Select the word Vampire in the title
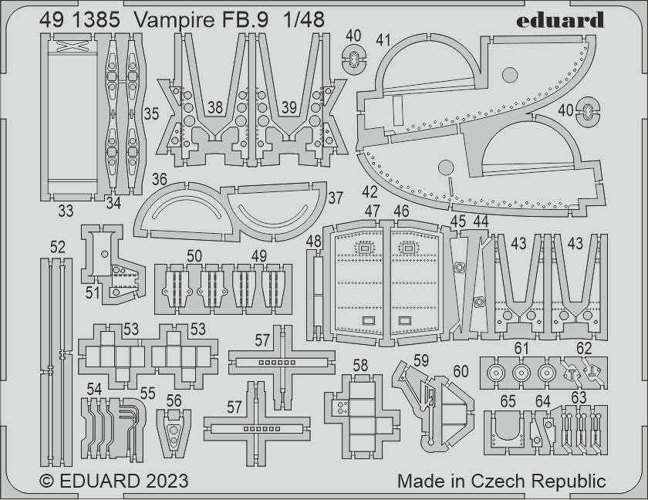coord(174,21)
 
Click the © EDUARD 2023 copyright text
coord(113,481)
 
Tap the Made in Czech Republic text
coord(501,481)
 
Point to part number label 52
coord(58,247)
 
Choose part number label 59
coord(420,360)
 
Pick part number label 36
coord(160,179)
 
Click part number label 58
coord(360,364)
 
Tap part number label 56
coord(174,400)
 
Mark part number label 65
coord(508,401)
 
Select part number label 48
coord(313,242)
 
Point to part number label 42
coord(370,191)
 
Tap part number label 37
coord(335,198)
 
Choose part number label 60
coord(461,372)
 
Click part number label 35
coord(151,113)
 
